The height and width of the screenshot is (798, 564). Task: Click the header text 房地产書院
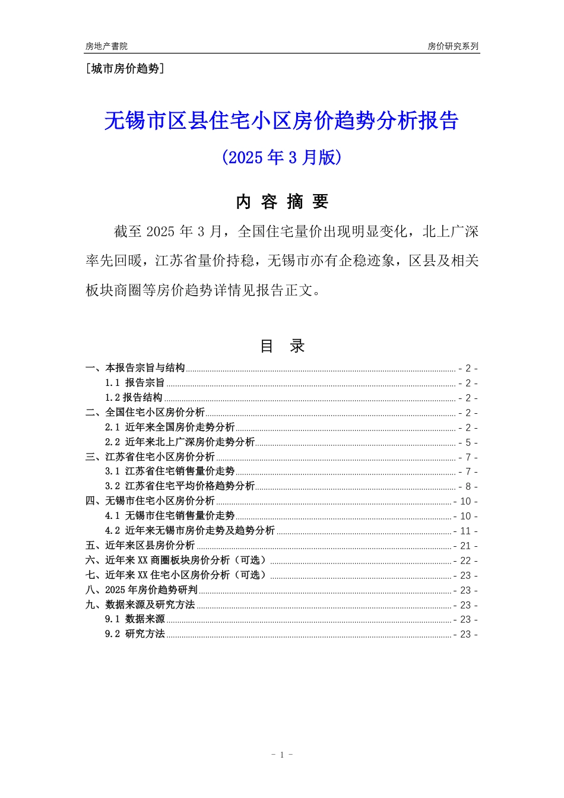(106, 46)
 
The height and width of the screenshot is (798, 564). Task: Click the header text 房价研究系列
(453, 46)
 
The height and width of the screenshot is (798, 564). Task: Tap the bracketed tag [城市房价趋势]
(125, 69)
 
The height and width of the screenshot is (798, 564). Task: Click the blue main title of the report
(281, 121)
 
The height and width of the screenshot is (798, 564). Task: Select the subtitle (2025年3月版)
(281, 157)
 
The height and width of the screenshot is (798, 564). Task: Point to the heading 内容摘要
(282, 202)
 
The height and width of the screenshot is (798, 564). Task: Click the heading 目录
(282, 346)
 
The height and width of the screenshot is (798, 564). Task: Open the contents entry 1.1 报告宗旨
(135, 383)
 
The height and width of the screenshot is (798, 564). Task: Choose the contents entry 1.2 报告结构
(134, 398)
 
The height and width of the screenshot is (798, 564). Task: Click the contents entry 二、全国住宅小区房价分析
(145, 413)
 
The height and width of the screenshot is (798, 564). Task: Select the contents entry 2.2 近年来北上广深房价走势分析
(180, 442)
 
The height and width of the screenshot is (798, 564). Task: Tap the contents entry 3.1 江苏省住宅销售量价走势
(170, 471)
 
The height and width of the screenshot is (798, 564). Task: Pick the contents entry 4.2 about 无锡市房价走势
(190, 531)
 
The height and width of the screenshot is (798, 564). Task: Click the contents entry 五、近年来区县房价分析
(141, 546)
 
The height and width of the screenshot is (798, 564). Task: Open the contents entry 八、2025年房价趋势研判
(142, 590)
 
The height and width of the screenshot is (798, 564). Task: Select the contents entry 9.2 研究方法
(135, 634)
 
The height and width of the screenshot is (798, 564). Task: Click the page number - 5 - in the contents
(468, 443)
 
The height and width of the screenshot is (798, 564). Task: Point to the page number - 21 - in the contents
(465, 546)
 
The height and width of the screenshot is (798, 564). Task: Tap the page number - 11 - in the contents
(465, 531)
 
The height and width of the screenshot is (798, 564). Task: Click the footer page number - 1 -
(282, 755)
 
